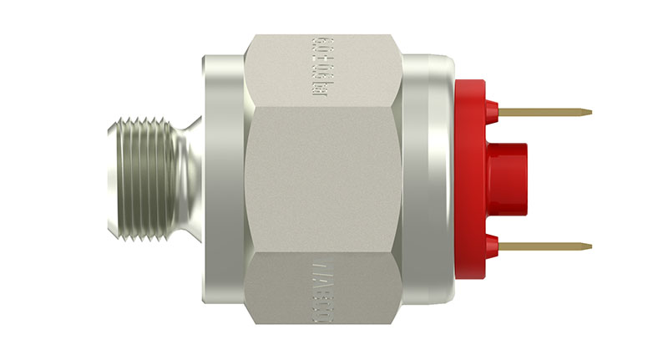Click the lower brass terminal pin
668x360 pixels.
coord(543,246)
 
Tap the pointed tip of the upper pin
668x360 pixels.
coord(590,111)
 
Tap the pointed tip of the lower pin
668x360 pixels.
coord(590,246)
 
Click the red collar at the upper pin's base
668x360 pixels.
coord(491,109)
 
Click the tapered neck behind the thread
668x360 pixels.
coord(191,179)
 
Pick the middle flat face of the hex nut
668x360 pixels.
coord(326,179)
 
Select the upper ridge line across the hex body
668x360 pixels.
coord(326,106)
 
